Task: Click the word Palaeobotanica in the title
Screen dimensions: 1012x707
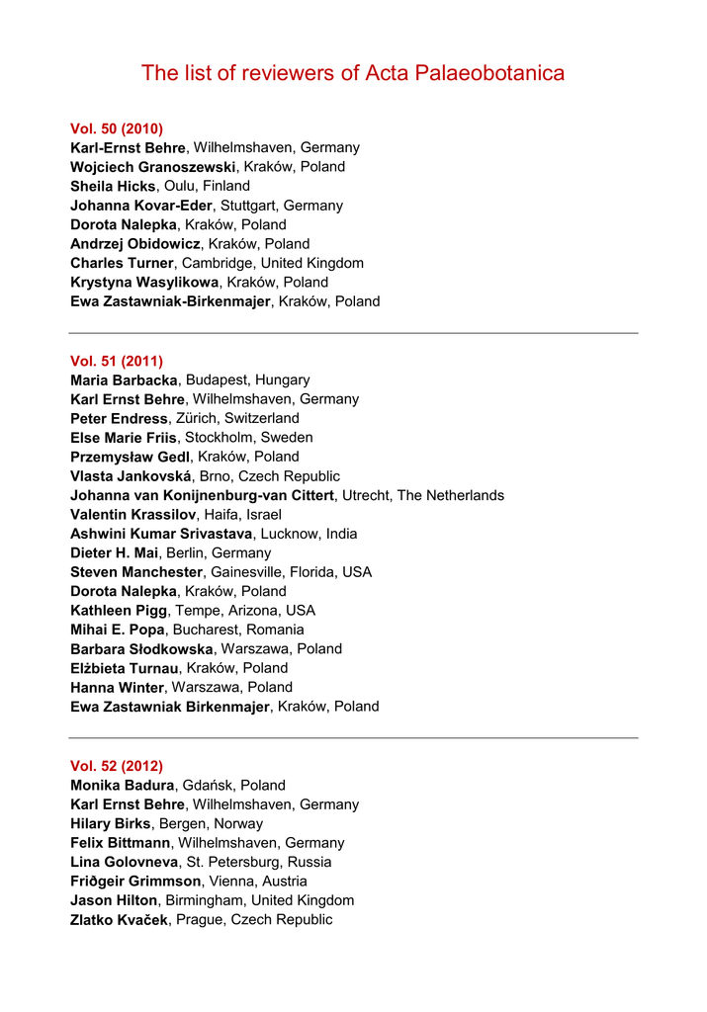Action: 492,73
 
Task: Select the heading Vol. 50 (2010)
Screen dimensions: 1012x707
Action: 117,128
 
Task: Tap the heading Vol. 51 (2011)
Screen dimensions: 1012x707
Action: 117,361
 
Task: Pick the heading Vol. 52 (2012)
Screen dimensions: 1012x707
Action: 117,766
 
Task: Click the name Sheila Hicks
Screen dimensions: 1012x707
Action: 113,186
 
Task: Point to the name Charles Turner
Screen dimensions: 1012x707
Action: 122,263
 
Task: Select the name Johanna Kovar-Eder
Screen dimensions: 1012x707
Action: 141,206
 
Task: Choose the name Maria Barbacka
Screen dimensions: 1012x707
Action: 124,379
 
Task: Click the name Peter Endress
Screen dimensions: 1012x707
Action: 119,418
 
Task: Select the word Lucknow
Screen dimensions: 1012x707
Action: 291,534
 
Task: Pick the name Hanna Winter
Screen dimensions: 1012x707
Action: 117,687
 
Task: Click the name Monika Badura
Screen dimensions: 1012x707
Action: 122,786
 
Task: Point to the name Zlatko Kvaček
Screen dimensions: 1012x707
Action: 119,919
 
